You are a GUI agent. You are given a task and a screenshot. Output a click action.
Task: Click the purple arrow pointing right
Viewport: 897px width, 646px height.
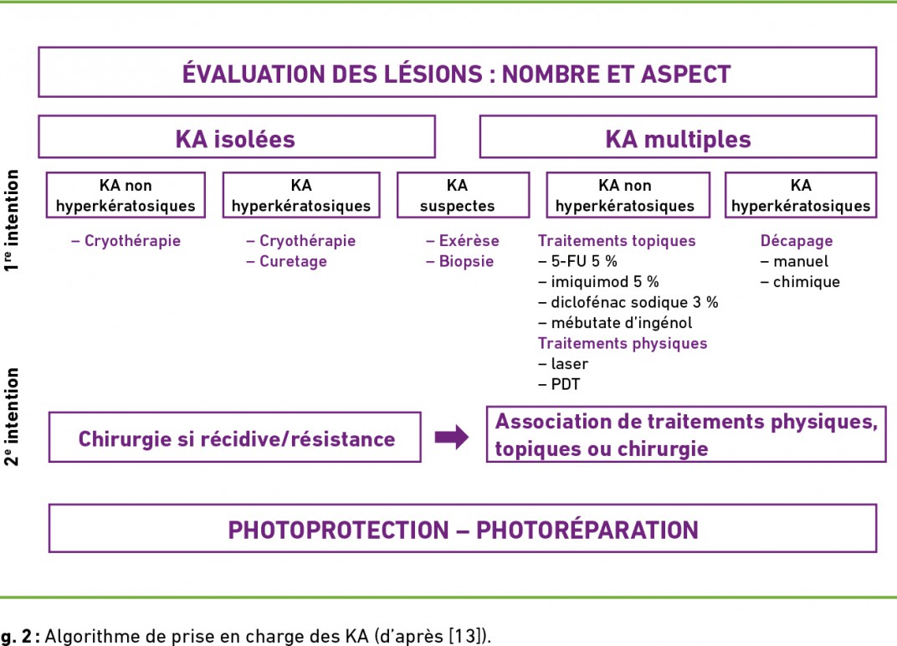(451, 438)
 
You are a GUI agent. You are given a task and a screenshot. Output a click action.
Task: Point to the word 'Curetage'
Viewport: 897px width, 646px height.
(293, 261)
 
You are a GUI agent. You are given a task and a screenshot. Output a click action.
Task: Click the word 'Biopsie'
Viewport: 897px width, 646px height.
(466, 261)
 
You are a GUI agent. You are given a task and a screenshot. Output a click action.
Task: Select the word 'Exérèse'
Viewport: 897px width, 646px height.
(469, 241)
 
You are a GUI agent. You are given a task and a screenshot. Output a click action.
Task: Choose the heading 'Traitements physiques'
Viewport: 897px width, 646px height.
(623, 343)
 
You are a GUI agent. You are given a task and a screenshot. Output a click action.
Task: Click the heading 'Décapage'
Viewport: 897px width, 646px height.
(797, 241)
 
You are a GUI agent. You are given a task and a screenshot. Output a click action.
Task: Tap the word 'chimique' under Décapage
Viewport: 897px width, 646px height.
(807, 281)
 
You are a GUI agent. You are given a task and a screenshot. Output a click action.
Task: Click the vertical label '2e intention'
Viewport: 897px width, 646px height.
(12, 417)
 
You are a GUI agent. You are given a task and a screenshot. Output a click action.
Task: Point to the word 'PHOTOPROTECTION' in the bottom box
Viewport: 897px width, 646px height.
(339, 530)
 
